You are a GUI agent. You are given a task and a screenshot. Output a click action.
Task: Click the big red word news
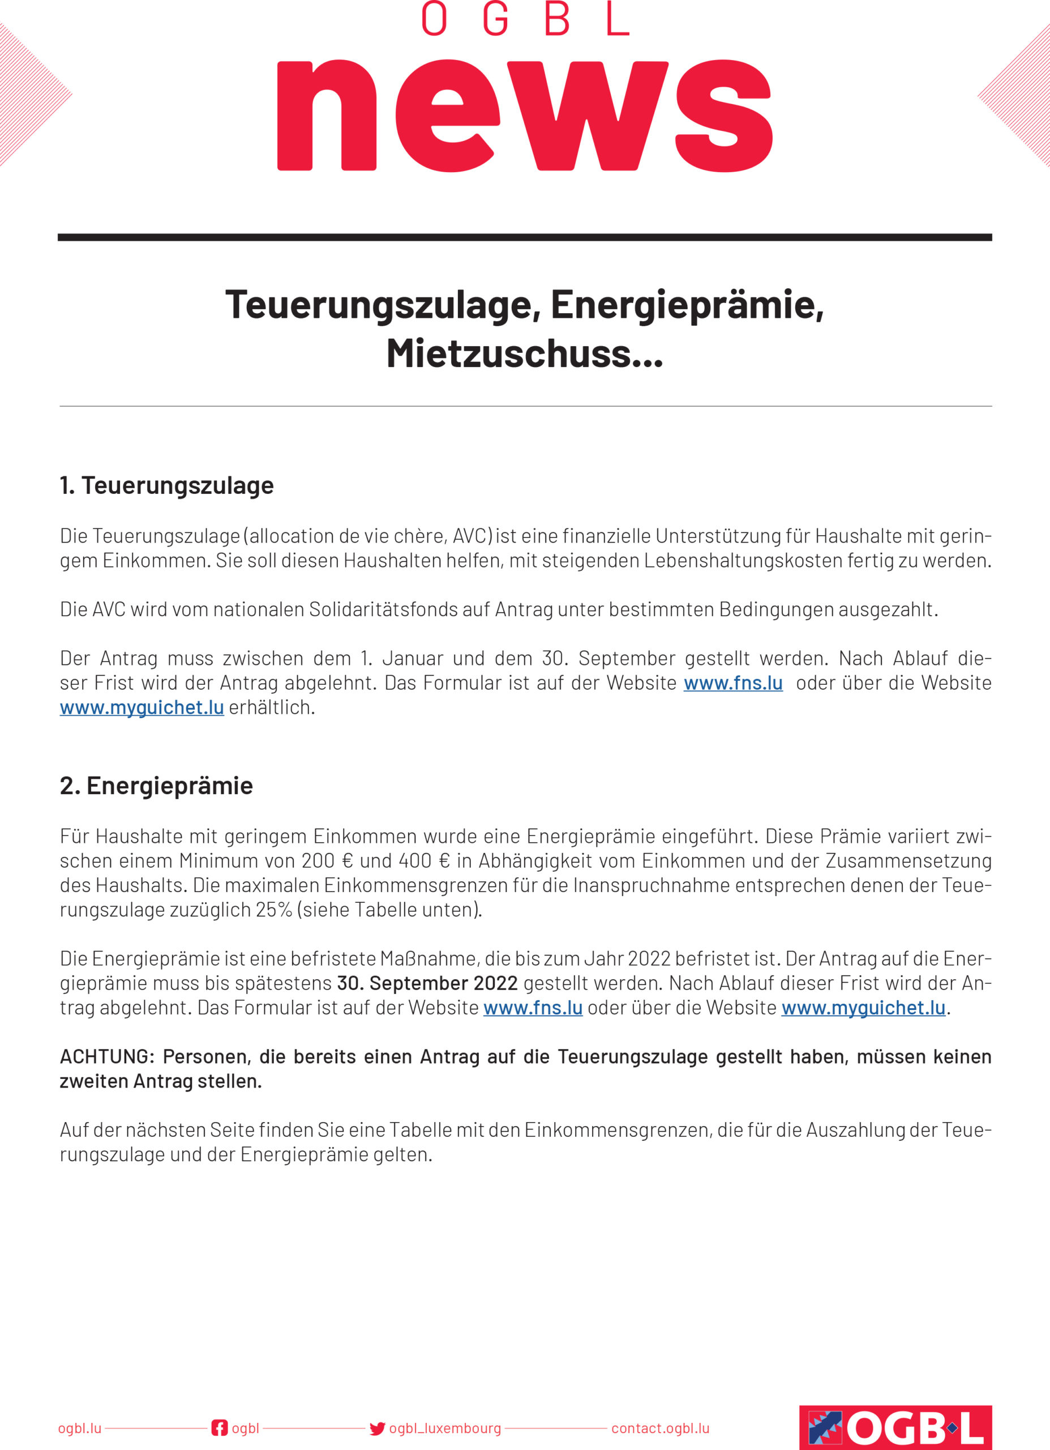point(524,115)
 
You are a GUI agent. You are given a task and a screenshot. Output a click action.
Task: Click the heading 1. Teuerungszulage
point(166,486)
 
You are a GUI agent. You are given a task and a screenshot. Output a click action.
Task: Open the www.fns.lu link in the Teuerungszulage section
point(732,683)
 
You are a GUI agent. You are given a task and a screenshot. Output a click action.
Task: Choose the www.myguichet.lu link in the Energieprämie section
point(863,1008)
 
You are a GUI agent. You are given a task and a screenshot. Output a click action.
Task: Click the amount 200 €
point(327,861)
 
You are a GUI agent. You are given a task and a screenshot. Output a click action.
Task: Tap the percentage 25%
point(273,910)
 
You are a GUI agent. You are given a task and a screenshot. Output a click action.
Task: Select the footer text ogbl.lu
point(79,1428)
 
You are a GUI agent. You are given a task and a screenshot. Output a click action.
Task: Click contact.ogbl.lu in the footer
point(660,1428)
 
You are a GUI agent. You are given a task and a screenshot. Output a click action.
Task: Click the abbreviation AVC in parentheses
point(470,536)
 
